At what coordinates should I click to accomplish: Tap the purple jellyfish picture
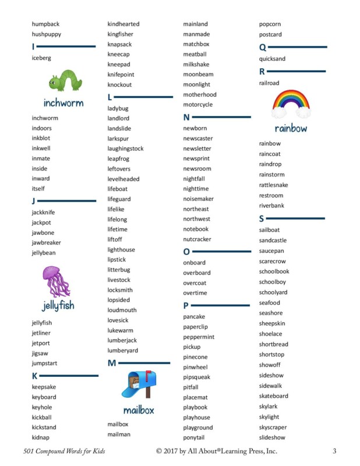[x=57, y=281]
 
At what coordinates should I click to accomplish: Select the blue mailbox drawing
[x=139, y=385]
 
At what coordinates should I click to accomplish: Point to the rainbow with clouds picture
[x=291, y=104]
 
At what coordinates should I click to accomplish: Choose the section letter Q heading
[x=262, y=47]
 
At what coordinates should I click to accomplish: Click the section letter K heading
[x=35, y=376]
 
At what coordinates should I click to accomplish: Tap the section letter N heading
[x=186, y=117]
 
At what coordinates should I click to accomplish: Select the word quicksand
[x=272, y=59]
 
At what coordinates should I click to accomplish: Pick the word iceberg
[x=41, y=58]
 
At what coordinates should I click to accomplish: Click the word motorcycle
[x=197, y=105]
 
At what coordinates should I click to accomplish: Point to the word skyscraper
[x=273, y=428]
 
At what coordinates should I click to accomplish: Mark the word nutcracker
[x=197, y=239]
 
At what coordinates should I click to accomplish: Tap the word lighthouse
[x=121, y=250]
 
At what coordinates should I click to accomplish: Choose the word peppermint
[x=199, y=337]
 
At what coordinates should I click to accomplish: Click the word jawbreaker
[x=46, y=243]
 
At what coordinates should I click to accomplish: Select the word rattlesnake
[x=273, y=185]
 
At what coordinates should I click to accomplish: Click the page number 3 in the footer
[x=334, y=451]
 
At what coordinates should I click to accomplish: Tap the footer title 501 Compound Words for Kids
[x=64, y=451]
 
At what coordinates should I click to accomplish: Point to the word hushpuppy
[x=46, y=34]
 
